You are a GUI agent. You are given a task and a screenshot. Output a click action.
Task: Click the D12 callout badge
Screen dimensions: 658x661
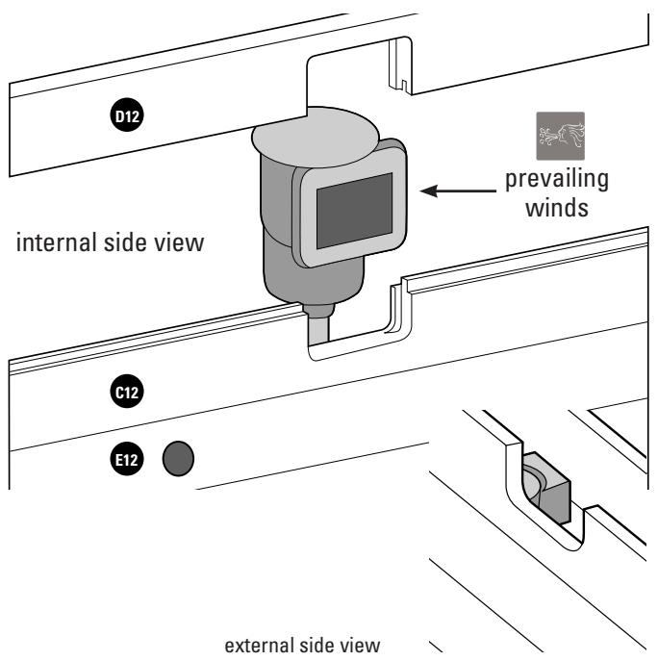click(127, 115)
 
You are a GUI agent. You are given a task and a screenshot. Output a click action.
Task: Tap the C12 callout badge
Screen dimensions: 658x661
click(127, 392)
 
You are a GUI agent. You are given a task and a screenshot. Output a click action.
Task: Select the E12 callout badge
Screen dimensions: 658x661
click(127, 459)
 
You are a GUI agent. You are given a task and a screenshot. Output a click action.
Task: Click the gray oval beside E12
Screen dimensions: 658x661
click(178, 459)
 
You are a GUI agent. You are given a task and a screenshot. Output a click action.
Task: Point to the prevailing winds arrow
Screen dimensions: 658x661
click(458, 191)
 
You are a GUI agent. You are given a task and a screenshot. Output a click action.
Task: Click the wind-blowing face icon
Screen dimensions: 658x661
click(560, 136)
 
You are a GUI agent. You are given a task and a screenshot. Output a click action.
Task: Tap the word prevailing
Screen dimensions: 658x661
click(557, 180)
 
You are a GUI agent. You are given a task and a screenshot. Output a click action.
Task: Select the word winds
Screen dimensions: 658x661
click(557, 208)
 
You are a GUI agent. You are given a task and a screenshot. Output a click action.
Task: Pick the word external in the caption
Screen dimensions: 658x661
click(259, 646)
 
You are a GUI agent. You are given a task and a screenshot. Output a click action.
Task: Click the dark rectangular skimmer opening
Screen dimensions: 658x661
click(355, 211)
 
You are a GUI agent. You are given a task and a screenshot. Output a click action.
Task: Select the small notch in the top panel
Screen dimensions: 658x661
click(404, 86)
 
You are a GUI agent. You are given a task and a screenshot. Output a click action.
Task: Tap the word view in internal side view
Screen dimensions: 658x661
click(179, 242)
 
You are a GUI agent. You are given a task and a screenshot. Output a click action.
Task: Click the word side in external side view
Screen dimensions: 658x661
click(317, 646)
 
